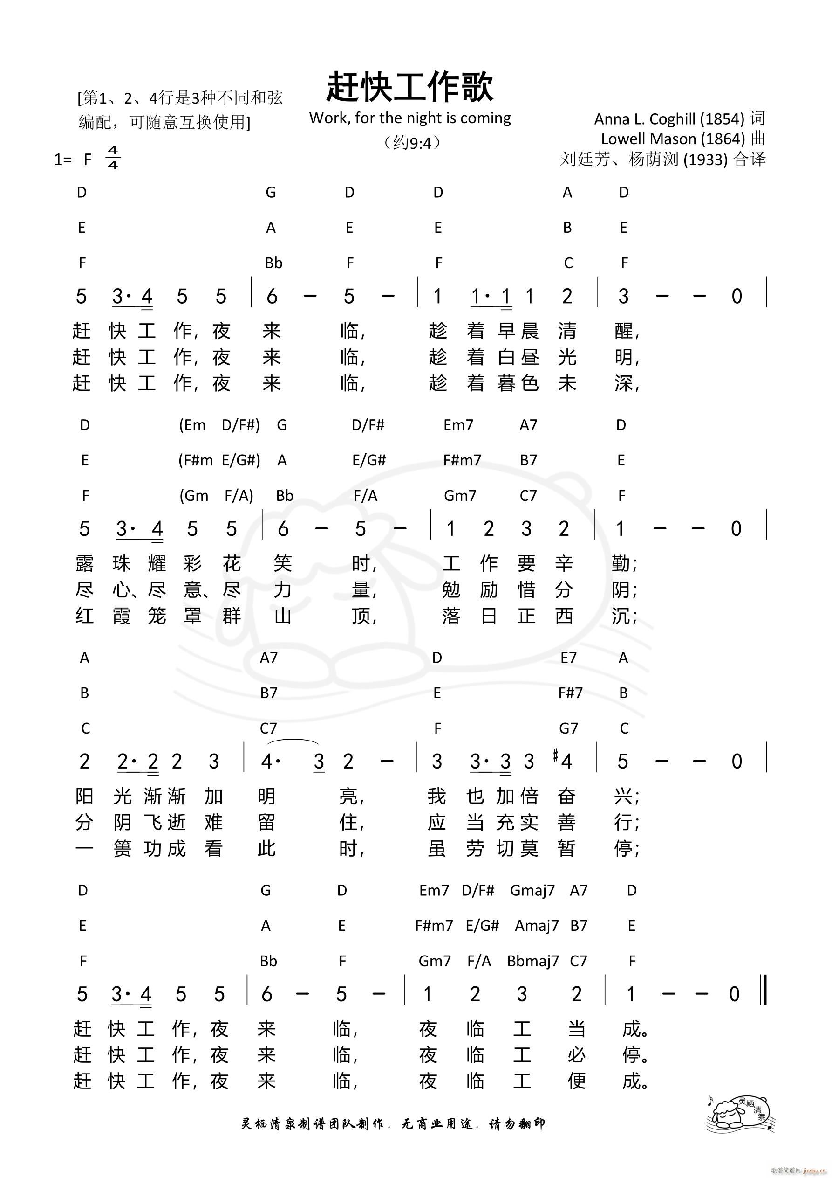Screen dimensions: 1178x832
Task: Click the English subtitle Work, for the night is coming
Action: pyautogui.click(x=409, y=118)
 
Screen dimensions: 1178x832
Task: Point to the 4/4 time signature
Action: pyautogui.click(x=113, y=158)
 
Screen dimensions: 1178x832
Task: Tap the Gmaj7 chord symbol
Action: pyautogui.click(x=532, y=891)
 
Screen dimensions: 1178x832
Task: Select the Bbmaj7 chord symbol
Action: pyautogui.click(x=532, y=961)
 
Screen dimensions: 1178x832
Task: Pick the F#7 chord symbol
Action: pyautogui.click(x=570, y=693)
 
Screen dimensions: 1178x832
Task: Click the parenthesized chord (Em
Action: pyautogui.click(x=192, y=425)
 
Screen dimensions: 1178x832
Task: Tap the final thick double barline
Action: pyautogui.click(x=765, y=994)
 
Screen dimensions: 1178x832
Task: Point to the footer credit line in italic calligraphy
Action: pyautogui.click(x=393, y=1124)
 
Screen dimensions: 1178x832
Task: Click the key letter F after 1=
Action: pyautogui.click(x=88, y=159)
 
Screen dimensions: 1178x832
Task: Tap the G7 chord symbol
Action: pyautogui.click(x=568, y=728)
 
